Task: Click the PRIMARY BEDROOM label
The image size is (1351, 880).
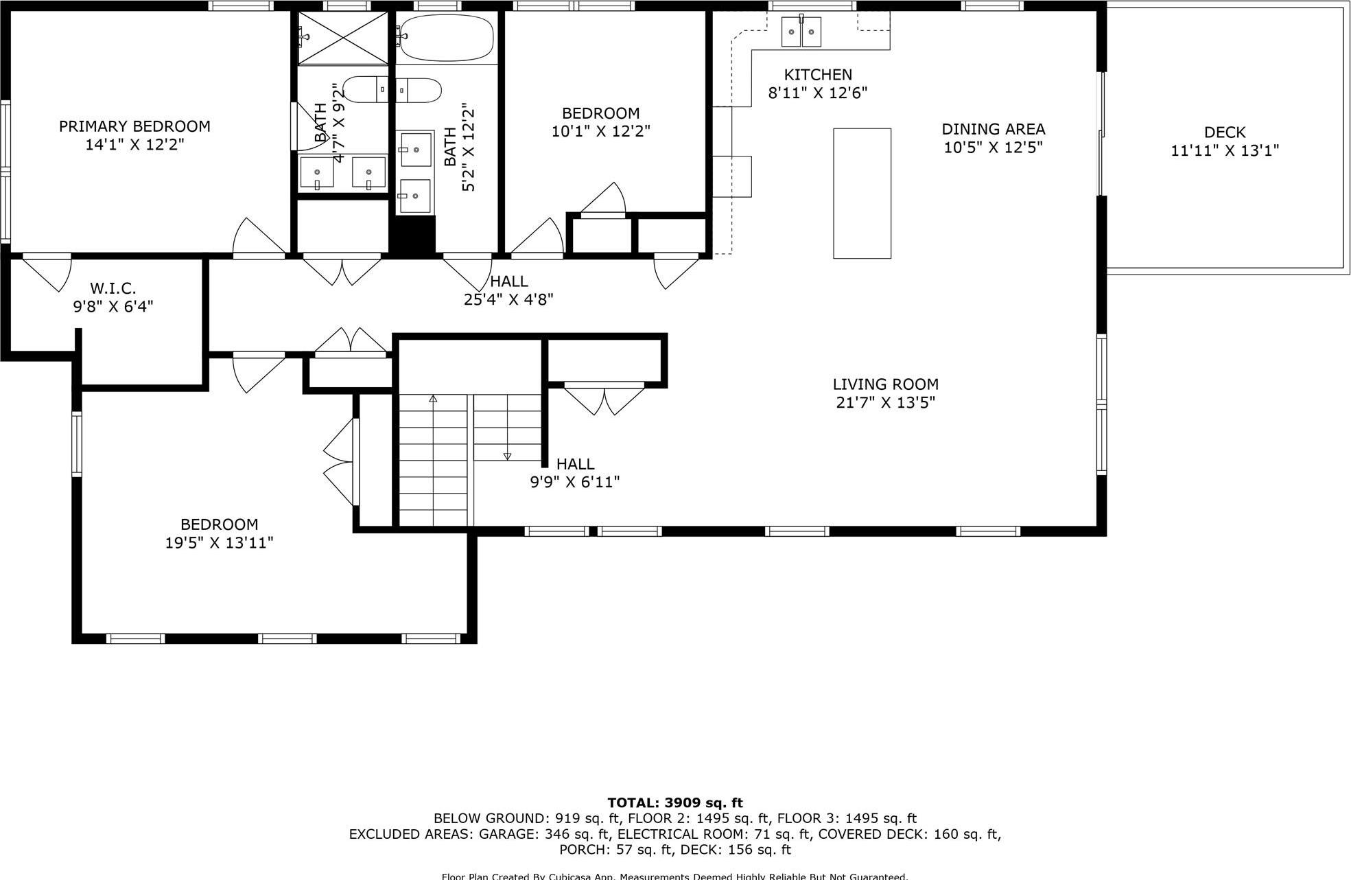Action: (134, 126)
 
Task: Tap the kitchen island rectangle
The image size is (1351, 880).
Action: (862, 193)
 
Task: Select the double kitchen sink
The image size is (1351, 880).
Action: (801, 32)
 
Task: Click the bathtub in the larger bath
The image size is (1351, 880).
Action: (446, 37)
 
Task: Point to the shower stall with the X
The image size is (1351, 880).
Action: (343, 38)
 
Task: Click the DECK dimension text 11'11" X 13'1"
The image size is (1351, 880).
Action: (1225, 150)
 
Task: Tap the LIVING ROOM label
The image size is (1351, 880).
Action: (885, 384)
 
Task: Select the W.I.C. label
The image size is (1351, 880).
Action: (113, 288)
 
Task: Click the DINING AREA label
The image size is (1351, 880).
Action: (993, 129)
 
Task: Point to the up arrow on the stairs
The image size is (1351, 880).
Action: (433, 399)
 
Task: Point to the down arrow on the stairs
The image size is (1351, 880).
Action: (507, 456)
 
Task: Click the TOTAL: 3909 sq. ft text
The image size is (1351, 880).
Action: (675, 802)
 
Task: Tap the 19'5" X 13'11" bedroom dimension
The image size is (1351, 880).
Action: (219, 543)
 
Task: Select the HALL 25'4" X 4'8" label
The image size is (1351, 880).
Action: (508, 290)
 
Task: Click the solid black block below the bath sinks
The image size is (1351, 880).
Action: (412, 235)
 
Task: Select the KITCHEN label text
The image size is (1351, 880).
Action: (818, 75)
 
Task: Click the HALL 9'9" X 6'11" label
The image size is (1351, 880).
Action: (575, 473)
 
